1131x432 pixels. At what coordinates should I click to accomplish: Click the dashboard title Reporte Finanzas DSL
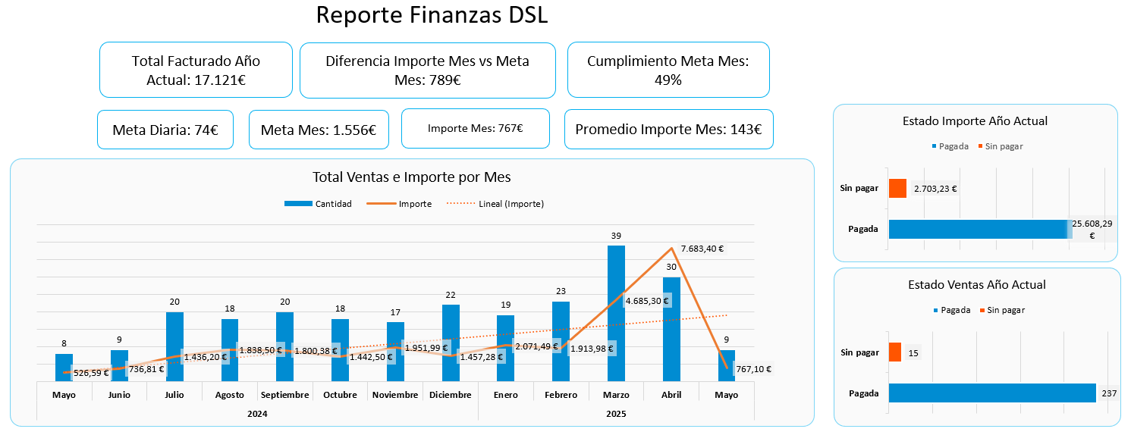pos(431,16)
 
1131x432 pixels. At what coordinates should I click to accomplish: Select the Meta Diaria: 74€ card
pos(165,130)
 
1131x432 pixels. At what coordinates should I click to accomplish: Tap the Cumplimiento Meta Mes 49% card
pos(668,70)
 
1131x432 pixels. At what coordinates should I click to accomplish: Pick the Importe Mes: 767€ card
pos(475,128)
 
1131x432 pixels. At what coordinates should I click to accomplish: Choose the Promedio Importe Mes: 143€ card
pos(668,130)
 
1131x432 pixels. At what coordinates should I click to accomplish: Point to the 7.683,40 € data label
pos(702,249)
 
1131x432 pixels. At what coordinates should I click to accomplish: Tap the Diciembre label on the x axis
pos(450,395)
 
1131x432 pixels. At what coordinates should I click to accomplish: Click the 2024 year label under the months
pos(257,414)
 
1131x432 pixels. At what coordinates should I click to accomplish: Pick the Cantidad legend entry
pos(319,204)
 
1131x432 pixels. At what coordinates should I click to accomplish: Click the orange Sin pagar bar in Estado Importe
pos(897,188)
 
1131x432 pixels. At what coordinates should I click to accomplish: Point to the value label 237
pos(1107,393)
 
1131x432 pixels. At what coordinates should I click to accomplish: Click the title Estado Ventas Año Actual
pos(976,285)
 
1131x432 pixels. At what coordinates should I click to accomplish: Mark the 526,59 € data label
pos(91,373)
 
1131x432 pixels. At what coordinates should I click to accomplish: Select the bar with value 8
pos(64,367)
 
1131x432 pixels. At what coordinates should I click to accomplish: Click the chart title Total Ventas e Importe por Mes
pos(412,177)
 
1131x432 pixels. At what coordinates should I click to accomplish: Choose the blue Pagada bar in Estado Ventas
pos(992,393)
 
